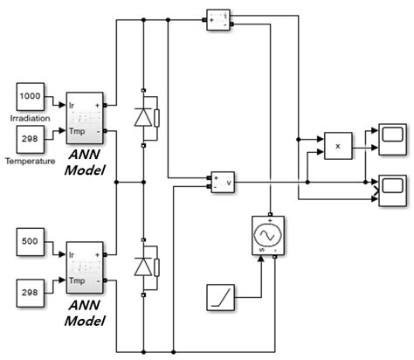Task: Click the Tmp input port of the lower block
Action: [x=75, y=281]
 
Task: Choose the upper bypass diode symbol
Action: [x=142, y=119]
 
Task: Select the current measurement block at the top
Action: [x=217, y=18]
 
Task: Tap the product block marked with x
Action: [x=337, y=146]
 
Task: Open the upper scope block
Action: [x=391, y=136]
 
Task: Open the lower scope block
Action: [x=391, y=186]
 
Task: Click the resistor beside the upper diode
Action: [x=156, y=119]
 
